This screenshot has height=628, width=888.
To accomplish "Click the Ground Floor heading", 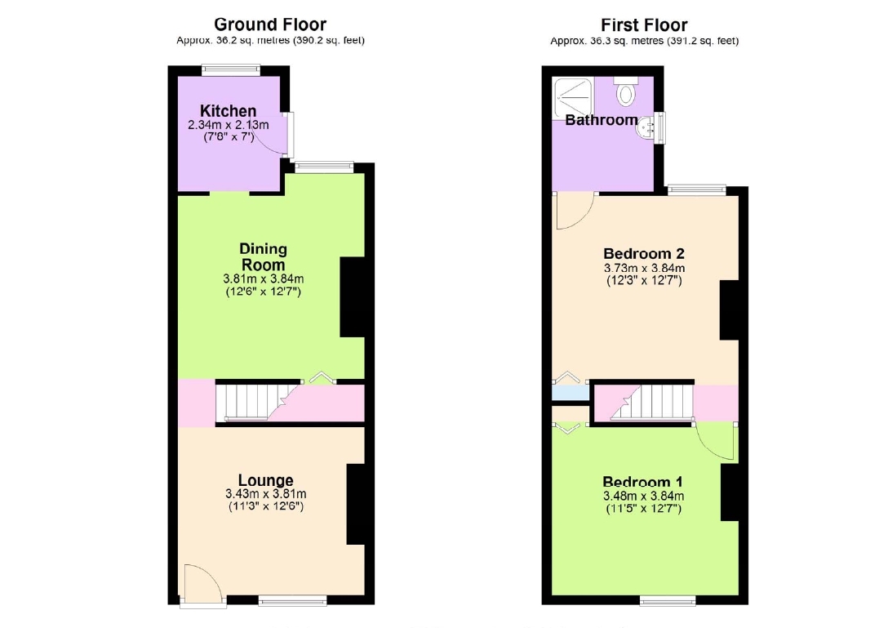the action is (270, 24).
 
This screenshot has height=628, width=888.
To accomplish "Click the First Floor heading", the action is (644, 25).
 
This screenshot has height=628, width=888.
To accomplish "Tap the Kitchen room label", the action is (229, 110).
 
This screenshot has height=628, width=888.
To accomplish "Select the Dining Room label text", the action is (264, 256).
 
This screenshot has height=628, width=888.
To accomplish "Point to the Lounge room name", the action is (265, 481).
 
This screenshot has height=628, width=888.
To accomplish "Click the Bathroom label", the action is (602, 119).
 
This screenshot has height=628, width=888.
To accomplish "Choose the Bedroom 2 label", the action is (644, 253).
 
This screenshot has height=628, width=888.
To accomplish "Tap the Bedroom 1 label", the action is (643, 482).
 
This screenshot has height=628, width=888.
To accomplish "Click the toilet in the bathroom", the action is (625, 91).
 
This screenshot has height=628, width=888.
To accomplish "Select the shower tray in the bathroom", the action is (573, 97).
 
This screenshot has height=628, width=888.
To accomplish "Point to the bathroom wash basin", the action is (646, 127).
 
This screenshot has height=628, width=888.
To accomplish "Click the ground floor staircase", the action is (258, 403).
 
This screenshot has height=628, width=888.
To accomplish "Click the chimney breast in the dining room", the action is (353, 297).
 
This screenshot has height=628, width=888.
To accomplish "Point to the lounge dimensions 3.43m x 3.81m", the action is (265, 494).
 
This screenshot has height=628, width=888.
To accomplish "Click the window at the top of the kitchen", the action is (231, 70).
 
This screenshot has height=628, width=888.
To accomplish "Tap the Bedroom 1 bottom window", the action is (668, 600).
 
